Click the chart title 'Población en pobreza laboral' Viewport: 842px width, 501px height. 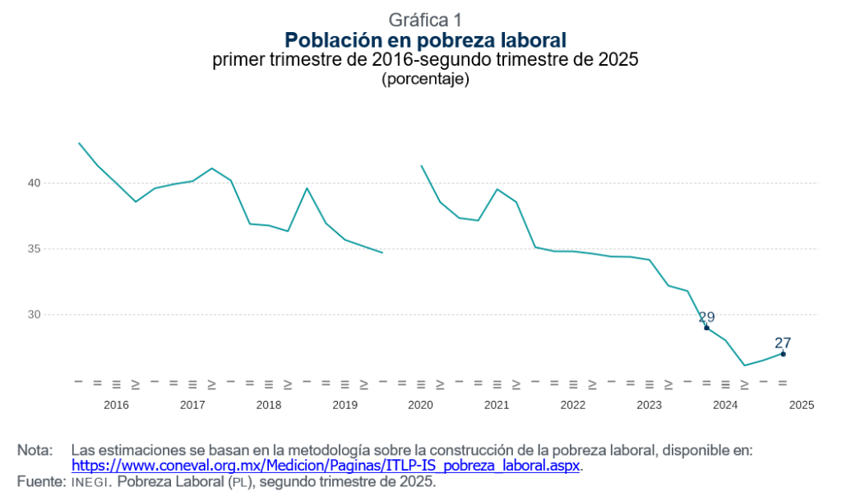(425, 39)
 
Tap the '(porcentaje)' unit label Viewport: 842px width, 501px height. (425, 79)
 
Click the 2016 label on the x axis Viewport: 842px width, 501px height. (116, 405)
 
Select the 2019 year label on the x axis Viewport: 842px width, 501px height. (345, 405)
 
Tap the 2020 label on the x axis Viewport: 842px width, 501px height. (420, 405)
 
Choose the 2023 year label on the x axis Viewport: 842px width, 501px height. (649, 405)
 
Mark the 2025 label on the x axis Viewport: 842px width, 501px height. (801, 405)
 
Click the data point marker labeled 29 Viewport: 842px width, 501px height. (706, 328)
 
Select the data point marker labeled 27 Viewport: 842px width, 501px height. (783, 354)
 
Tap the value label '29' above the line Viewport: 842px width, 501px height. (706, 317)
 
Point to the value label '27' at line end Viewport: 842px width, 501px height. (782, 342)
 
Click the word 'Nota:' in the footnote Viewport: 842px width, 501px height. (35, 450)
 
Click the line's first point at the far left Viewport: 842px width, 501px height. (79, 143)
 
